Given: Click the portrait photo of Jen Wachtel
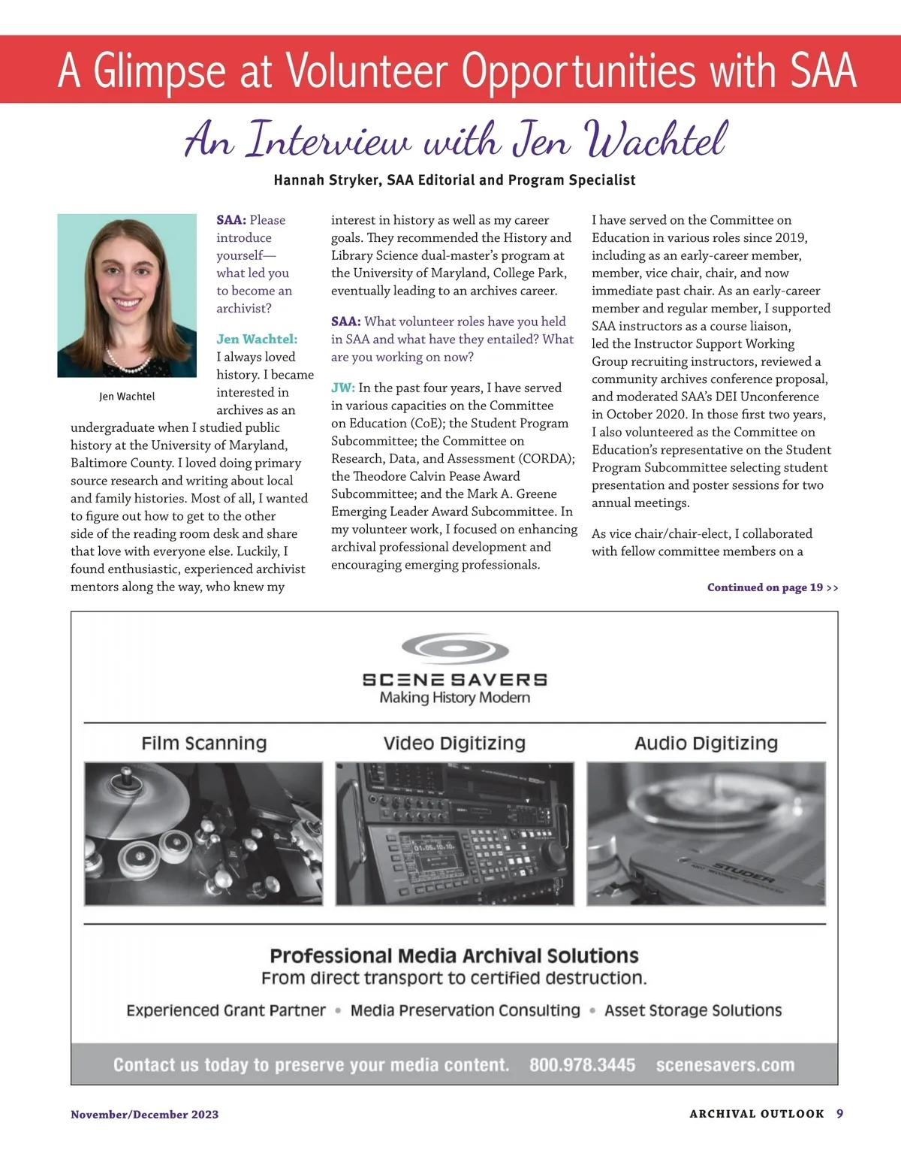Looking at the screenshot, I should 127,295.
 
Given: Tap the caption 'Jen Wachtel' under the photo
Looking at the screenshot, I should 127,397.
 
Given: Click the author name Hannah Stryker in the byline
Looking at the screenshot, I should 327,180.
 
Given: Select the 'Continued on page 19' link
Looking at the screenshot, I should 772,587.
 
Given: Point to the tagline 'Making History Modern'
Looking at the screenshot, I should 455,698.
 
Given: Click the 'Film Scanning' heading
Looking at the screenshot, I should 204,744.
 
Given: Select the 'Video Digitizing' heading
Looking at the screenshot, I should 454,744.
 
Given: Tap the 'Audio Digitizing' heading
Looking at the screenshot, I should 706,744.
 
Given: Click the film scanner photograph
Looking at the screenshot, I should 203,833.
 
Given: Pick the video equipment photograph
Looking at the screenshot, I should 454,833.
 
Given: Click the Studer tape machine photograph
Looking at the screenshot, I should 706,833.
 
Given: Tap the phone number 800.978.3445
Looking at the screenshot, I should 582,1065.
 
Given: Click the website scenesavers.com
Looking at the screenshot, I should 725,1065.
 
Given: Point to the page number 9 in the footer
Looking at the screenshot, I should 839,1114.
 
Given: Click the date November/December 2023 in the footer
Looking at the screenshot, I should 145,1115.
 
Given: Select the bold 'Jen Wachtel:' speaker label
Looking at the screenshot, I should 257,340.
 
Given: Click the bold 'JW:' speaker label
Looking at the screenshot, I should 343,388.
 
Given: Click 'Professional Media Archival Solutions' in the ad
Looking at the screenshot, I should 454,956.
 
